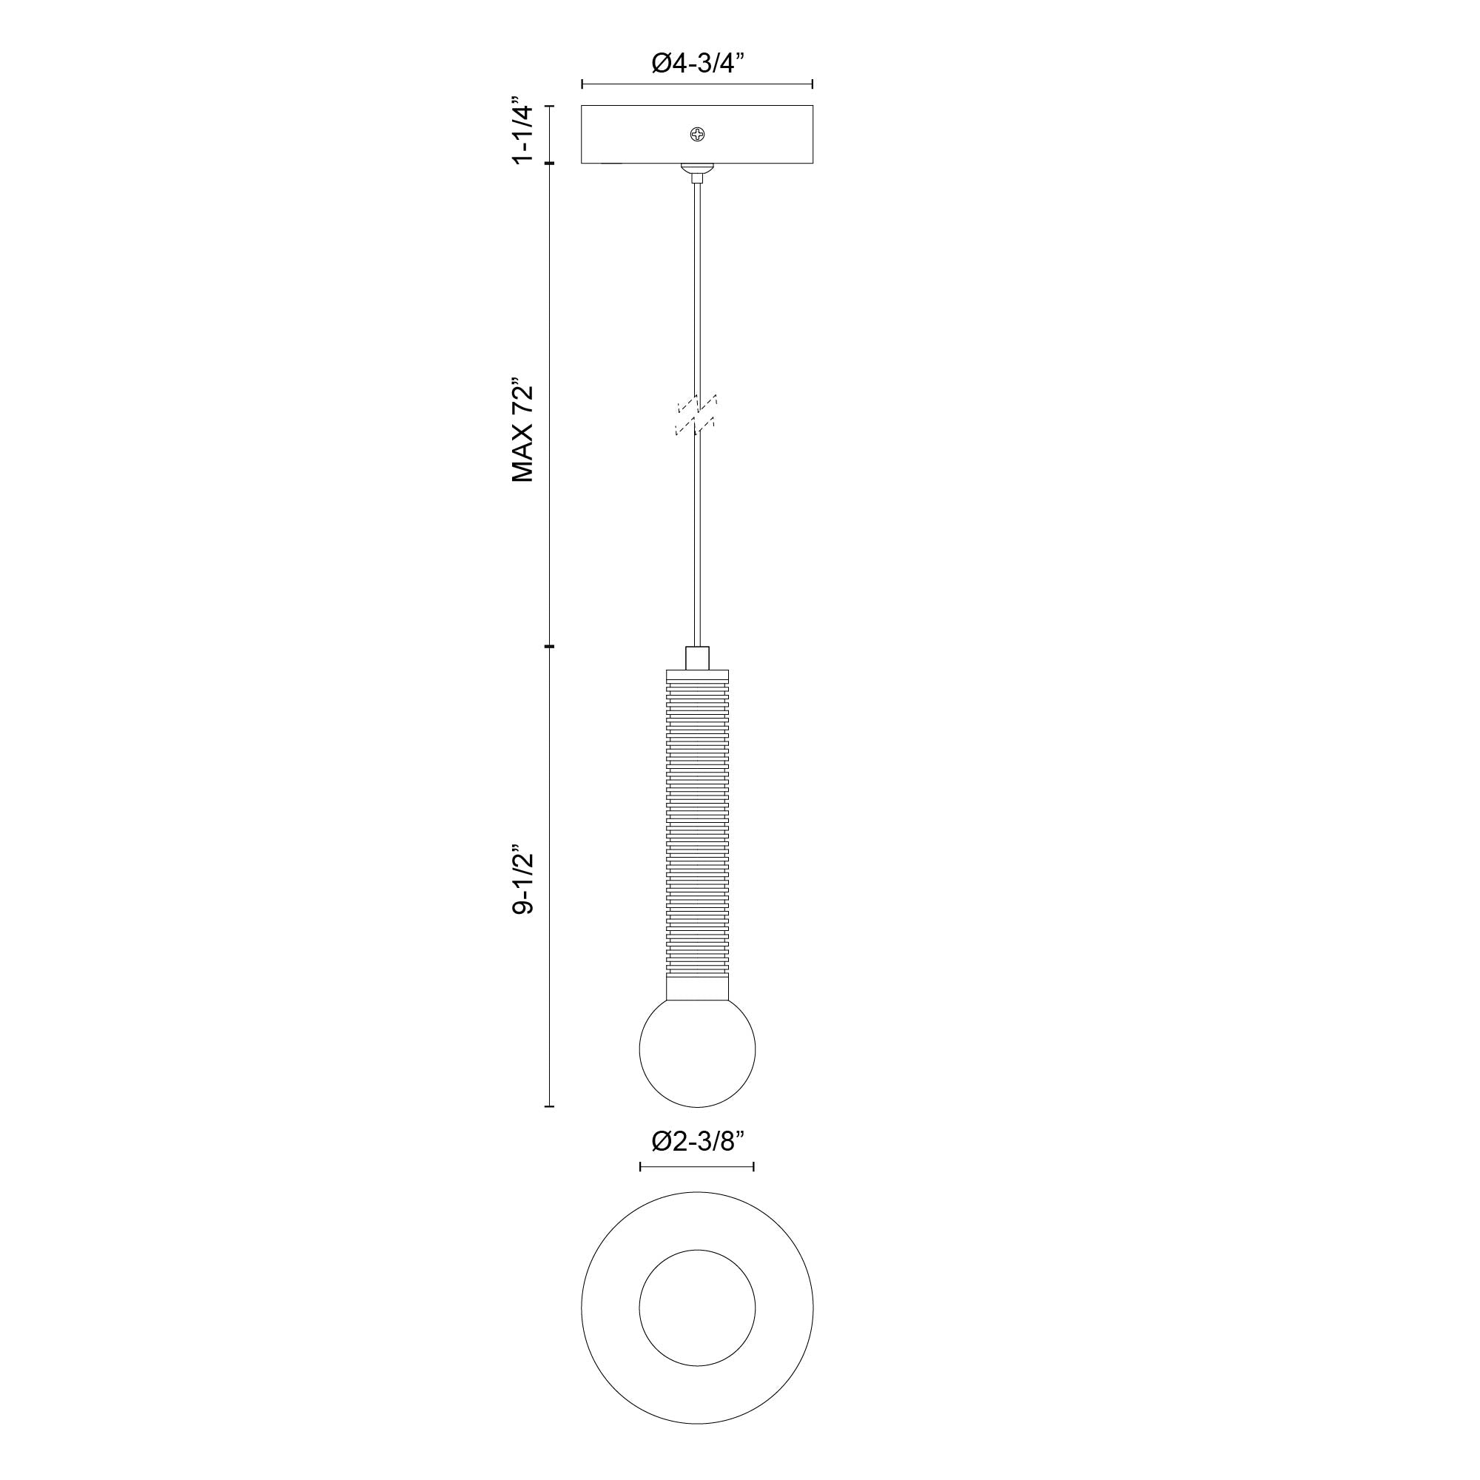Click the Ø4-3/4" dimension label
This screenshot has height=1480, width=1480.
(698, 64)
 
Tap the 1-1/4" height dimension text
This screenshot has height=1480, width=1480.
(522, 131)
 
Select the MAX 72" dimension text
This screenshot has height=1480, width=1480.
(522, 430)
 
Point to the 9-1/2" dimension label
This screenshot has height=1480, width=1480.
(522, 880)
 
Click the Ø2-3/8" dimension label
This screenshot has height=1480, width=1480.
(698, 1163)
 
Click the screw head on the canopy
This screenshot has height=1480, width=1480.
(698, 135)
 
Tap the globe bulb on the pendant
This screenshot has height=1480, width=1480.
(697, 1052)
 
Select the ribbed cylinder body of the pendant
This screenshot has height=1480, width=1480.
(697, 827)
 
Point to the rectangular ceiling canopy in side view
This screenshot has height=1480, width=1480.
(628, 135)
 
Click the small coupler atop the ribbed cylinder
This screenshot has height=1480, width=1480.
(697, 657)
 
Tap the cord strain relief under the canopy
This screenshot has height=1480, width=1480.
(697, 172)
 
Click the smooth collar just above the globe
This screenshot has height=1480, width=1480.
(697, 989)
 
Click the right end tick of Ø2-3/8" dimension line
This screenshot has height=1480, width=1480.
(754, 1189)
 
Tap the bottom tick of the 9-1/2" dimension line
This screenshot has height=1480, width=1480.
(548, 1106)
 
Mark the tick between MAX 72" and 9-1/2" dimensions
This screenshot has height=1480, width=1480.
(548, 647)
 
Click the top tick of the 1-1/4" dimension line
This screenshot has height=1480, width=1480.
(548, 106)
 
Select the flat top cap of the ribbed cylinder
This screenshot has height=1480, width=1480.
(697, 674)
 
